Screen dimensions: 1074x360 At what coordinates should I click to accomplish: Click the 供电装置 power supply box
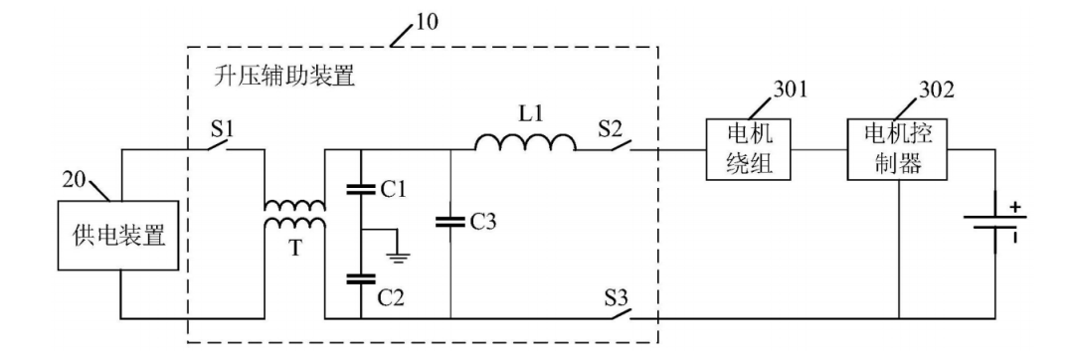click(119, 237)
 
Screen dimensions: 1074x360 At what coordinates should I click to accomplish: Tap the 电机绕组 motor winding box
click(749, 149)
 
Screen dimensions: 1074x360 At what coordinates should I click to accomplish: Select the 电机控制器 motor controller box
click(897, 149)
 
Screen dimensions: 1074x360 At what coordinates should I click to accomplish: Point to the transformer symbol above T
click(294, 215)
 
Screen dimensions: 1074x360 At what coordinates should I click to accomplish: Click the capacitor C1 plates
click(360, 190)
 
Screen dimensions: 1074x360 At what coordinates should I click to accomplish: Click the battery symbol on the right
click(994, 225)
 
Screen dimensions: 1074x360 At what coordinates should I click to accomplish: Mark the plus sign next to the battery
click(1015, 206)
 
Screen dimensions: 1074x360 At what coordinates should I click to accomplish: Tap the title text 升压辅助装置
click(283, 76)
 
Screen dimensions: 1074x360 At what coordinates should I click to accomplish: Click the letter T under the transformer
click(294, 247)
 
